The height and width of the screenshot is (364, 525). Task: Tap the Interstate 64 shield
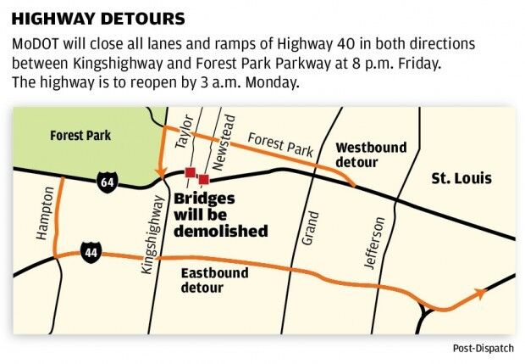point(106,183)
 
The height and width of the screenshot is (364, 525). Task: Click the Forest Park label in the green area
point(80,135)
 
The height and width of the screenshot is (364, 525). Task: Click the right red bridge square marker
point(203,178)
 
